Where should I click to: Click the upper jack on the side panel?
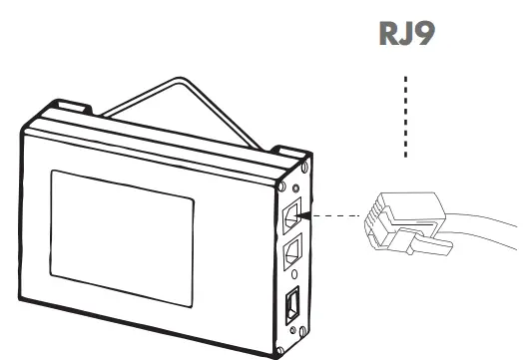point(291,211)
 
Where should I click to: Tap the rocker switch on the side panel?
point(291,303)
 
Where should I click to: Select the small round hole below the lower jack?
point(288,277)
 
